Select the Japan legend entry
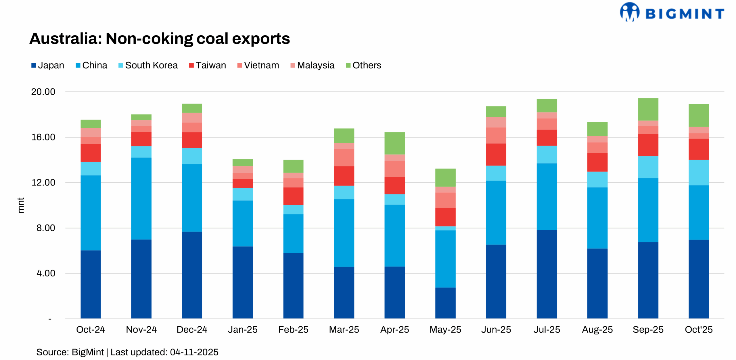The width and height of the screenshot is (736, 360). point(48,65)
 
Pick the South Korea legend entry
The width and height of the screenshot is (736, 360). point(148,65)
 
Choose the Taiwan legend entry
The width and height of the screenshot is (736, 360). point(207,65)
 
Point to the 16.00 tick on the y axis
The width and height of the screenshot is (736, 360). point(43,137)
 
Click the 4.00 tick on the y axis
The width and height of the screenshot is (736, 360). point(46,273)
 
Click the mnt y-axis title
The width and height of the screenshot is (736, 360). point(21,205)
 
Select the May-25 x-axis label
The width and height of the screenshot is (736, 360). point(445,330)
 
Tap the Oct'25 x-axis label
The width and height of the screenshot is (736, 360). point(698,330)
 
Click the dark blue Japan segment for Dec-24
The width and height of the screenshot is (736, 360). point(192,275)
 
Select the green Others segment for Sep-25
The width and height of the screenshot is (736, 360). point(648,109)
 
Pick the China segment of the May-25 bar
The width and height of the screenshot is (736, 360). point(445,259)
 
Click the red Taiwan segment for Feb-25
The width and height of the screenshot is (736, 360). point(293,196)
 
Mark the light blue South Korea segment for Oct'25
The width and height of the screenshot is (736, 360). point(698,173)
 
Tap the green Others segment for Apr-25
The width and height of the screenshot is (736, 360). point(394,143)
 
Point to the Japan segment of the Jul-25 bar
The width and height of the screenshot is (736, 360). point(547,274)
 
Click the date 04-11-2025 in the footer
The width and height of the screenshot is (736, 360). point(194,352)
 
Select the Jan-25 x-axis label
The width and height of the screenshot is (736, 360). point(242,330)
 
